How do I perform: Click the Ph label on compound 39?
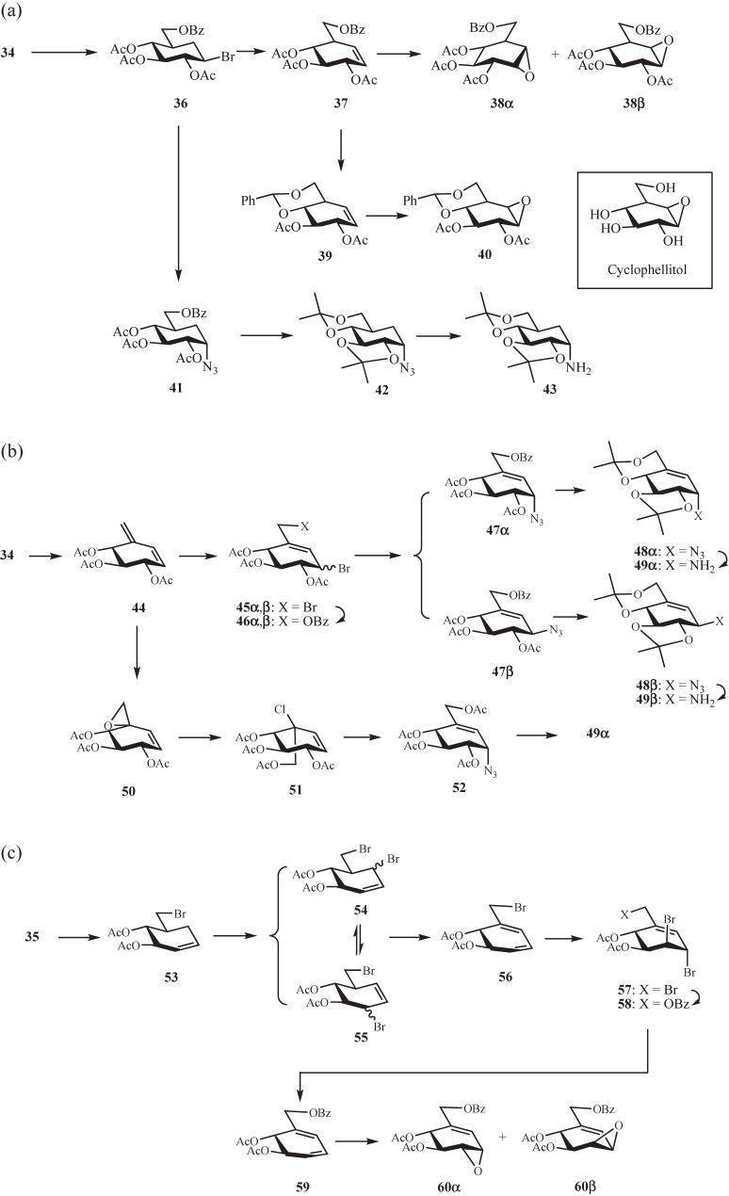(x=246, y=199)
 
